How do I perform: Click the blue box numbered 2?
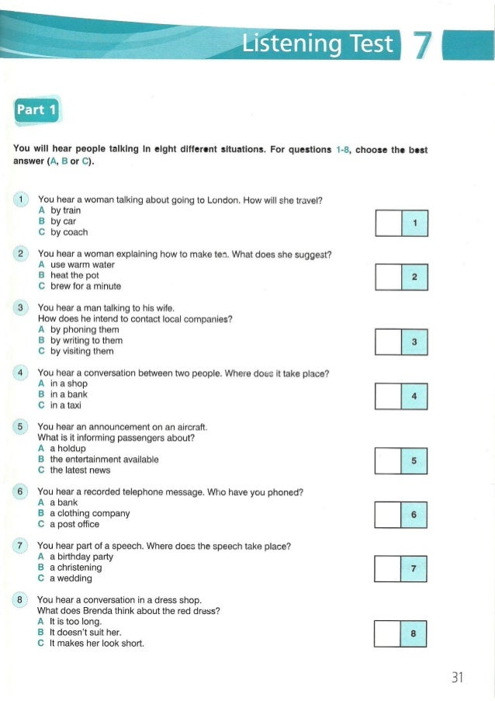tap(415, 277)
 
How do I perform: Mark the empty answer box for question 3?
tap(389, 342)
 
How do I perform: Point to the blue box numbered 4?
tap(415, 396)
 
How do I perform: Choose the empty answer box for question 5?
tap(389, 460)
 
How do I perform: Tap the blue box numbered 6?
tap(415, 515)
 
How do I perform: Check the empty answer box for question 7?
tap(389, 568)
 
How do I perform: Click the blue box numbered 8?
tap(415, 633)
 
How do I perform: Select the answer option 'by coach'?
tap(69, 232)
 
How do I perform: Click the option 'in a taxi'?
tap(66, 405)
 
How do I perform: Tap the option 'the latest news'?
tap(80, 470)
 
